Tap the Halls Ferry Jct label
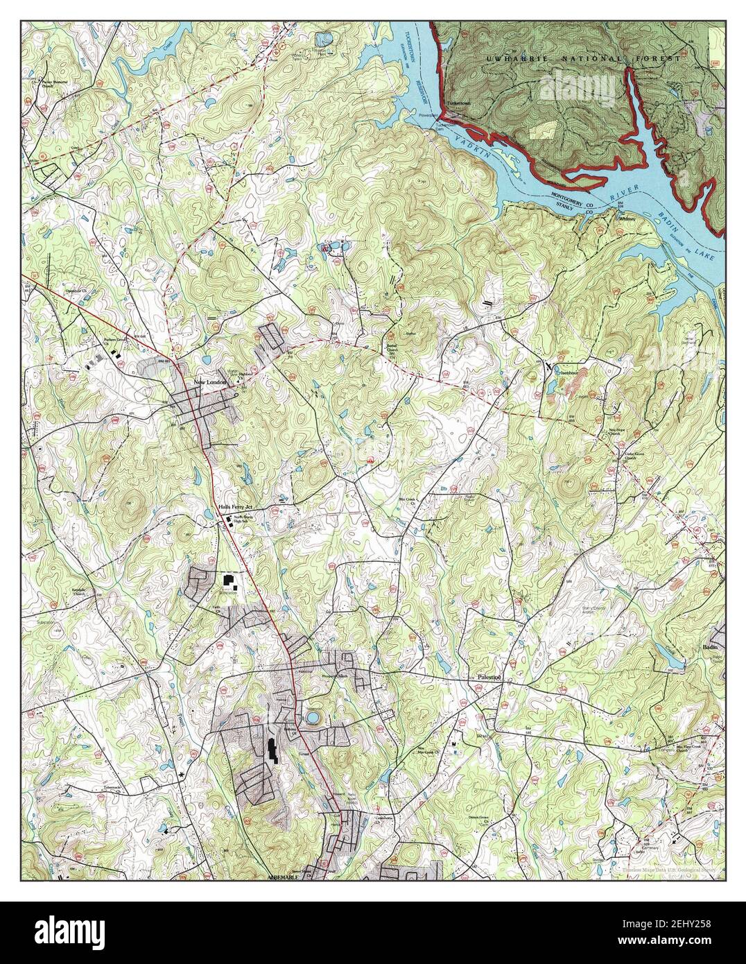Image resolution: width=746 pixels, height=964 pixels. (216, 508)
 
